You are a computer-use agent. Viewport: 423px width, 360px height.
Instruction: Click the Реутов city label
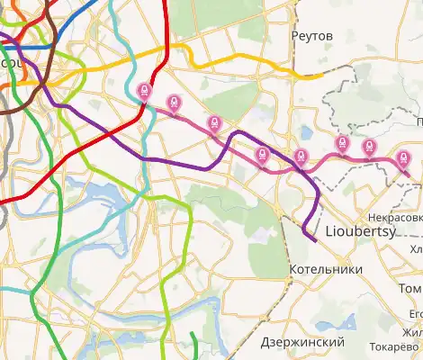[x=312, y=35]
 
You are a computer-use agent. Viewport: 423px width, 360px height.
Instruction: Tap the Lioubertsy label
[x=358, y=229]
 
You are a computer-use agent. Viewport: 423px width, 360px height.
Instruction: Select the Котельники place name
[x=327, y=269]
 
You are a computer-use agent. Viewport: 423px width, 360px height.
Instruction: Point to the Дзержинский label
[x=302, y=343]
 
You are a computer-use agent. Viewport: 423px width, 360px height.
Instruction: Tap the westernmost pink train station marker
[x=144, y=92]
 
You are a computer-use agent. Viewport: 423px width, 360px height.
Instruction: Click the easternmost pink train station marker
[x=402, y=158]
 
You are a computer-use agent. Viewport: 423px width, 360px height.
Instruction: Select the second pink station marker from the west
[x=174, y=104]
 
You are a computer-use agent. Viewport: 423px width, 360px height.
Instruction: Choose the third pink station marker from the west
[x=213, y=124]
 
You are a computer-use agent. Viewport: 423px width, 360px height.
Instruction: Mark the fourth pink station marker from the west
[x=262, y=155]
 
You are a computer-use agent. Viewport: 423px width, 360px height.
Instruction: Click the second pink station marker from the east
[x=368, y=147]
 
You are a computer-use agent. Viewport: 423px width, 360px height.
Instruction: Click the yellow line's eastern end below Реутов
[x=319, y=76]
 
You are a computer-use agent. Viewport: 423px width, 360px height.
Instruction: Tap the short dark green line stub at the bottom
[x=193, y=342]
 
